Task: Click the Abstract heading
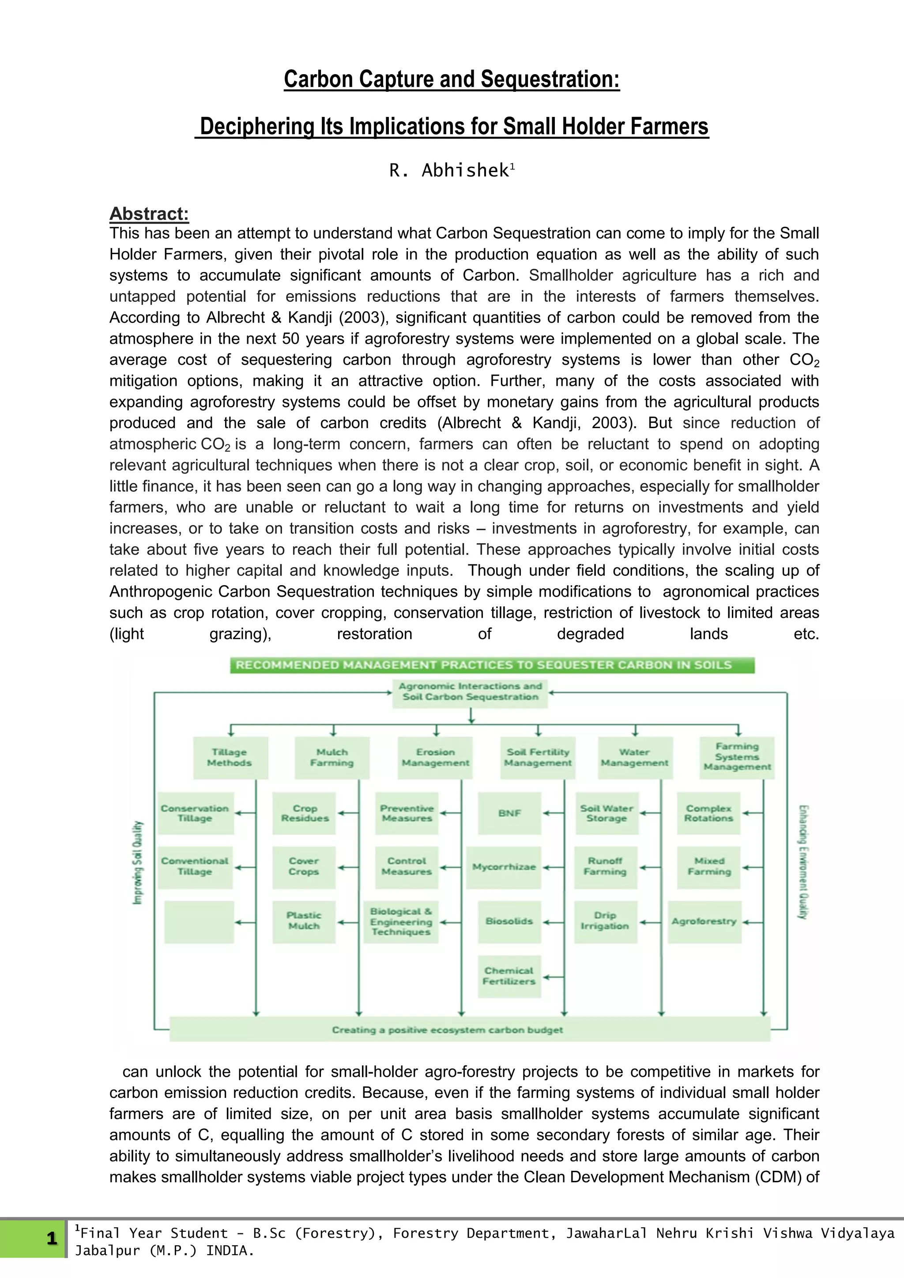click(149, 214)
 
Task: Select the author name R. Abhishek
click(450, 170)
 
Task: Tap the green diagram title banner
click(492, 665)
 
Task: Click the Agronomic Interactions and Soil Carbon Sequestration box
click(471, 692)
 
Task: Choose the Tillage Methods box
click(230, 758)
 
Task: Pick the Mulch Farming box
click(332, 758)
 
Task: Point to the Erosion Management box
click(435, 758)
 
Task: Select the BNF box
click(509, 813)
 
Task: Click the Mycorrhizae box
click(504, 867)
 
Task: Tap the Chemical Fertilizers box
click(509, 976)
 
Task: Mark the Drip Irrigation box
click(605, 921)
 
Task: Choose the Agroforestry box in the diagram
click(704, 921)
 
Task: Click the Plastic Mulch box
click(304, 921)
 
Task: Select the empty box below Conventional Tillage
click(199, 921)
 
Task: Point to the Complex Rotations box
click(708, 813)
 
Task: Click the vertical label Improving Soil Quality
click(137, 862)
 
